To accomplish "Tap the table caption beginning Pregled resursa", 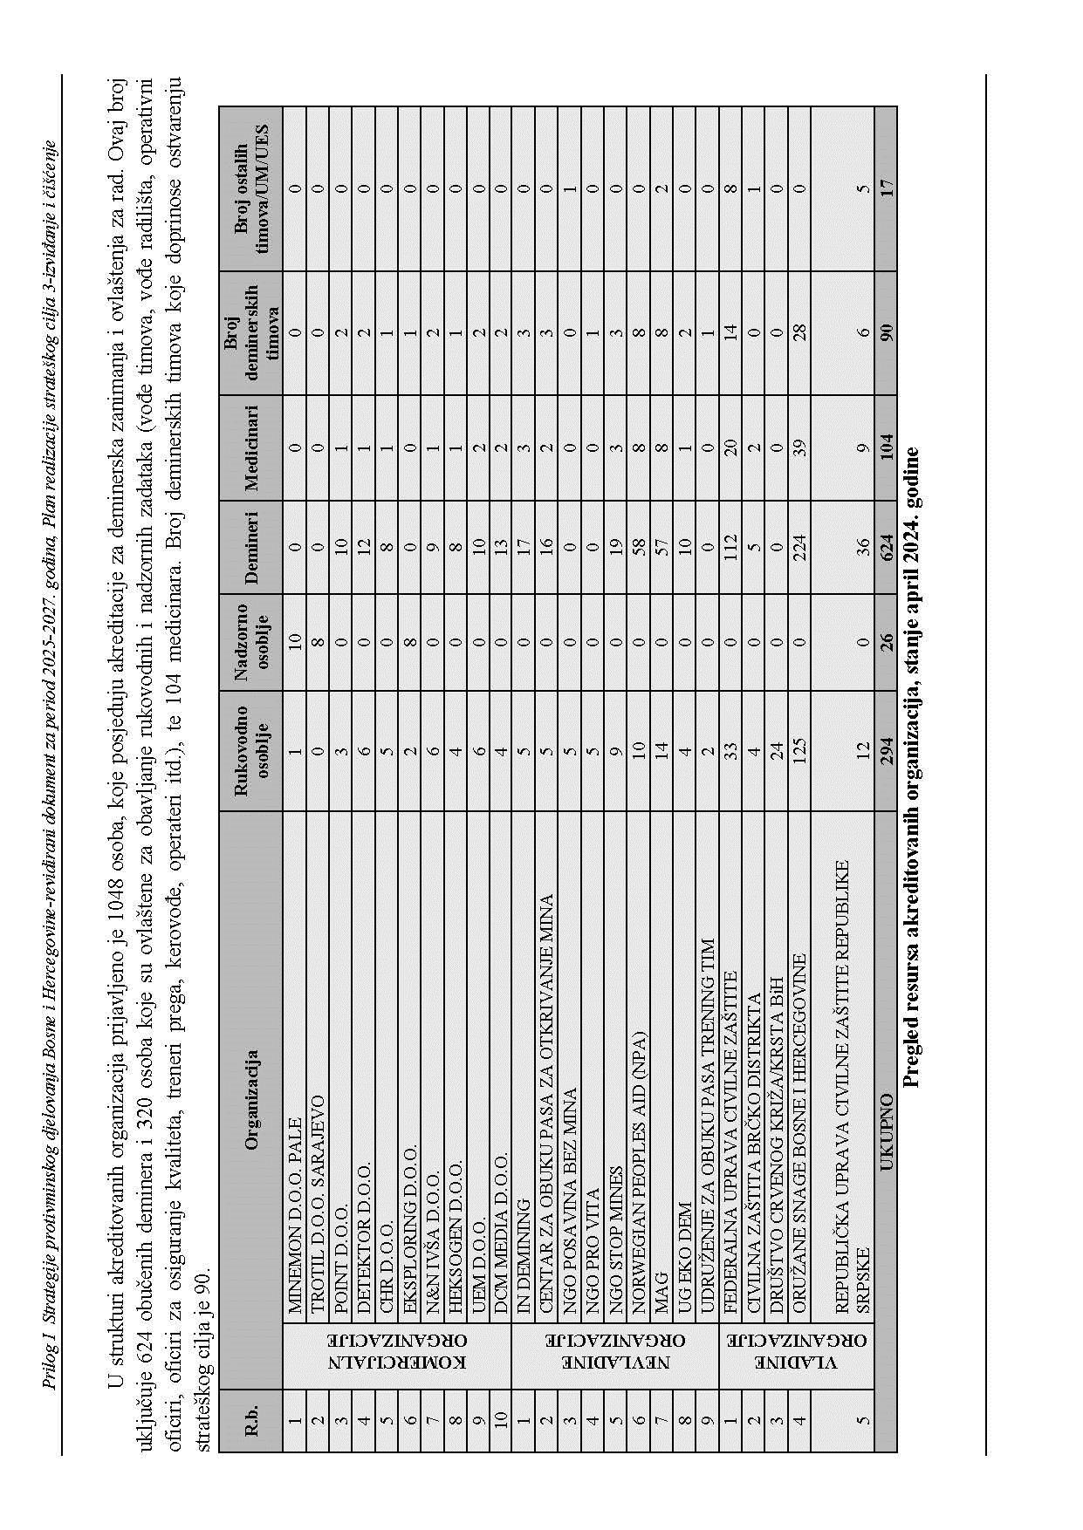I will (912, 767).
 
